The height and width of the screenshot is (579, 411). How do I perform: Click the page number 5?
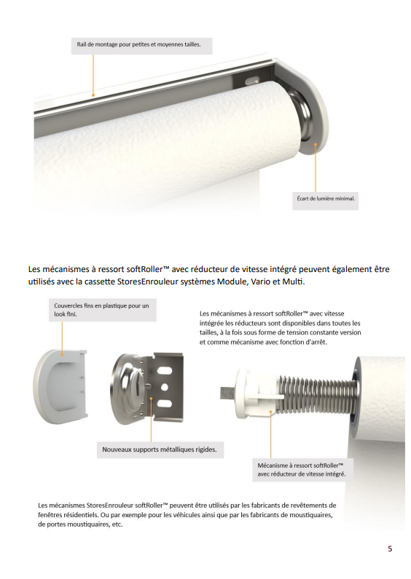[390, 548]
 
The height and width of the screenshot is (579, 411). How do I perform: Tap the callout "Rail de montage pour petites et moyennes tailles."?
[141, 46]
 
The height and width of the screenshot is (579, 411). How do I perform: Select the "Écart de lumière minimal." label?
[326, 200]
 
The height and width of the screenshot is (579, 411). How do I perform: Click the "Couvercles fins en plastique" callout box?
[103, 310]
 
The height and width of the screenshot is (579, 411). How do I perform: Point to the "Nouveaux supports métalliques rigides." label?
[160, 450]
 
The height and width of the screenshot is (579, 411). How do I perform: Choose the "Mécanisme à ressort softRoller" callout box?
[302, 470]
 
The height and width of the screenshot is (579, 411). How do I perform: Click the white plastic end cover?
[60, 384]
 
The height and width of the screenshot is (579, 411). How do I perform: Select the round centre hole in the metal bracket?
[164, 387]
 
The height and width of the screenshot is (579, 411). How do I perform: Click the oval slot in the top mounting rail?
[251, 79]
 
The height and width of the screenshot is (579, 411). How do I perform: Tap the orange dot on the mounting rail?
[93, 95]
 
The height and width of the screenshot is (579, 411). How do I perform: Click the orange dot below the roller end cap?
[316, 144]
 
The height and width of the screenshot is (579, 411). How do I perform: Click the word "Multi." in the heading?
[294, 281]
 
